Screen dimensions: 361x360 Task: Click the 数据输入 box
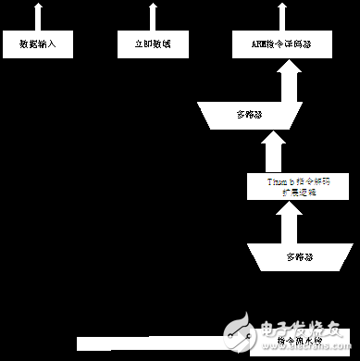37,44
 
